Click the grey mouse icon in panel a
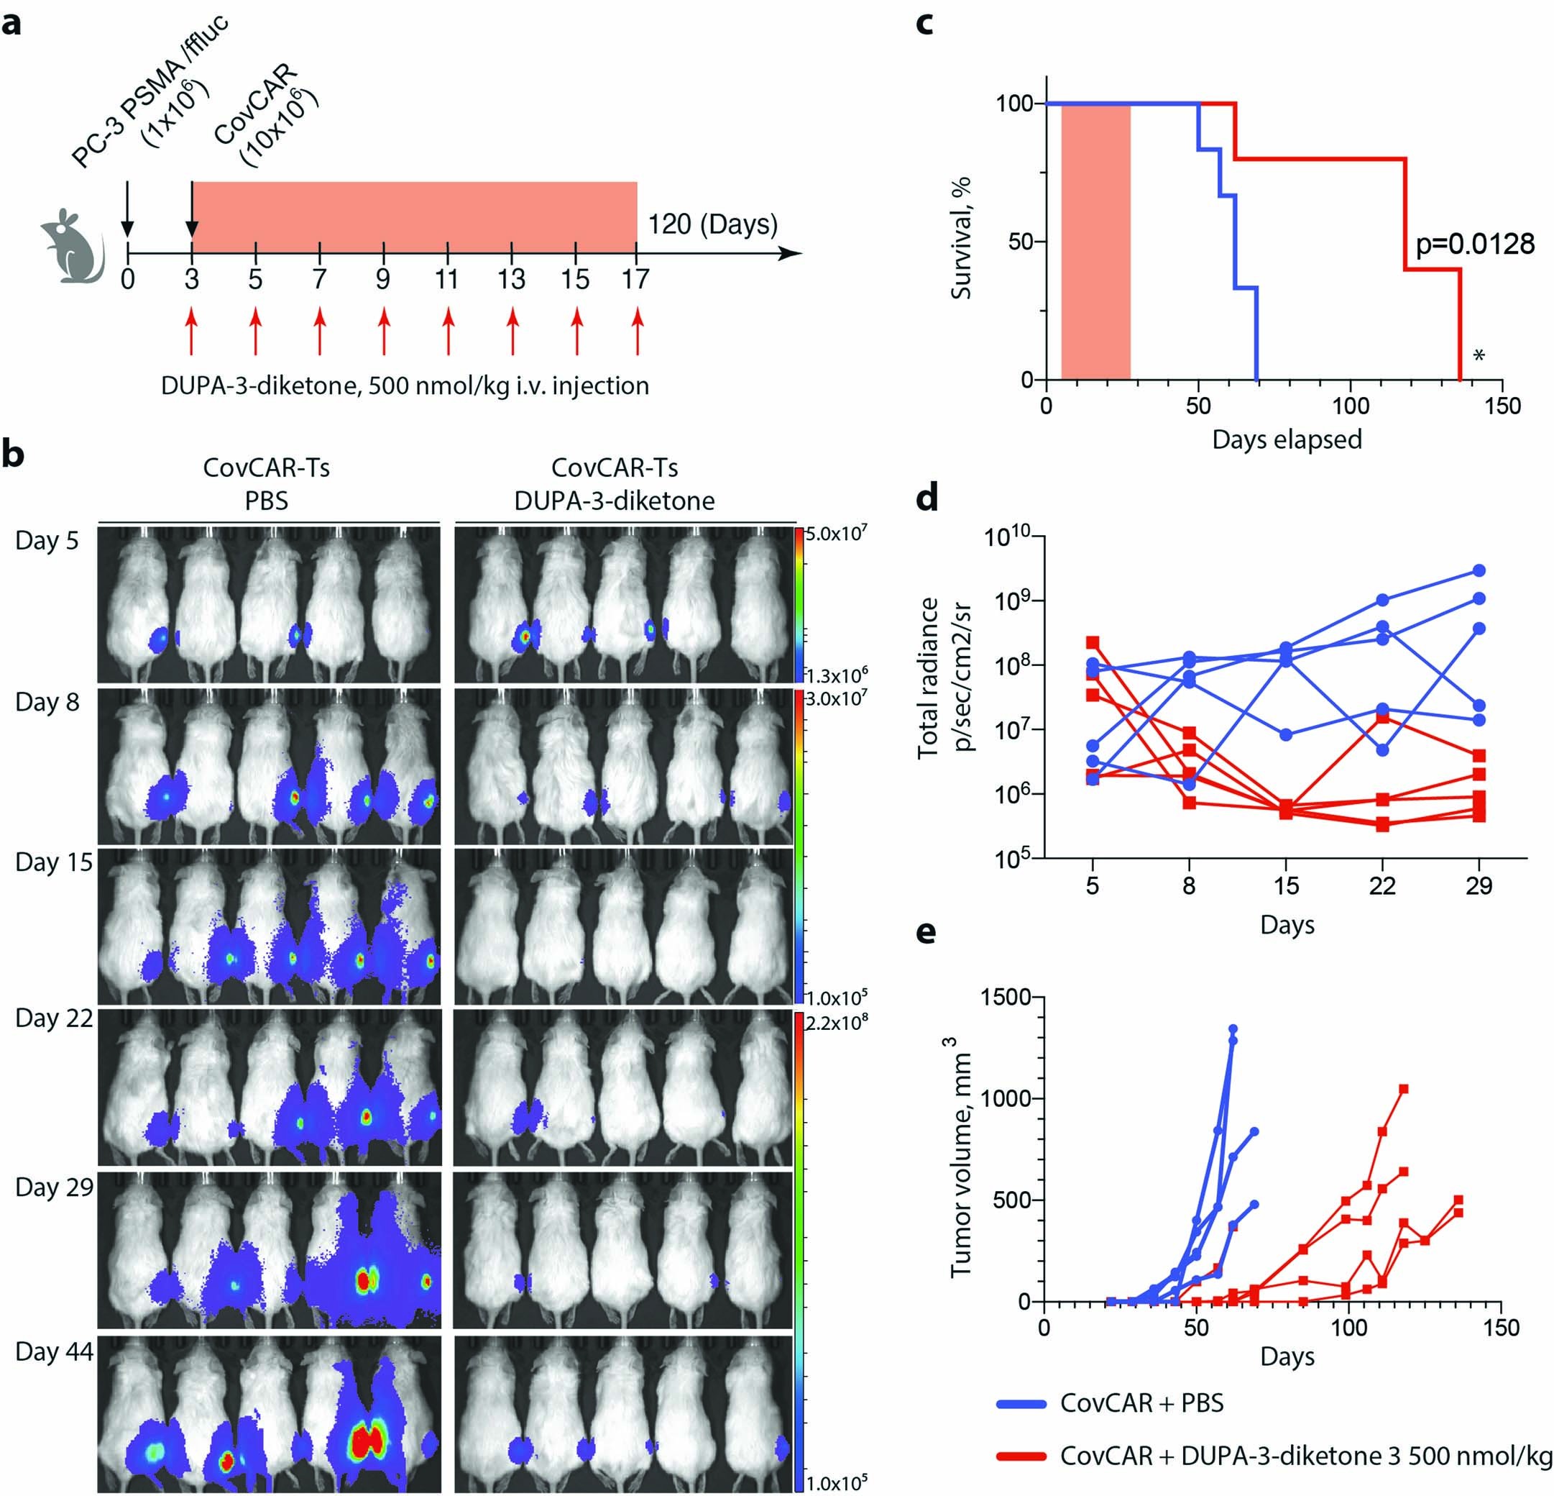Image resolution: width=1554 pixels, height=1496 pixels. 72,247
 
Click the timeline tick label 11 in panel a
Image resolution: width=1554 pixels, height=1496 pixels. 447,279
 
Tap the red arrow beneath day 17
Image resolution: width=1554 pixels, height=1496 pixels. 638,332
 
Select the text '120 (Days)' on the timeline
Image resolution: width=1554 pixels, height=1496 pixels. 712,224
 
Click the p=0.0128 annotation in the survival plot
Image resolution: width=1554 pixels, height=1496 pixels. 1475,244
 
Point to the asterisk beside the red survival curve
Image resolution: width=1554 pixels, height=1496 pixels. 1479,356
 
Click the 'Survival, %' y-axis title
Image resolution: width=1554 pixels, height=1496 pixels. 962,238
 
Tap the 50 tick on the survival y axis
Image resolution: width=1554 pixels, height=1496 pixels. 1021,242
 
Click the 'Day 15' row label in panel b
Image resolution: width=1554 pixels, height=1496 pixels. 54,862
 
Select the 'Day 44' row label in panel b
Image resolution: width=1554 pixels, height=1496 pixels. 54,1351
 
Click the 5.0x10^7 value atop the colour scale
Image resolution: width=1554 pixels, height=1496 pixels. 836,534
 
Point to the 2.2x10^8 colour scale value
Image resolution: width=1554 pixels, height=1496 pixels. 836,1023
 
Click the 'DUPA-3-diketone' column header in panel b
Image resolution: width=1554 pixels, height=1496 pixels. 615,501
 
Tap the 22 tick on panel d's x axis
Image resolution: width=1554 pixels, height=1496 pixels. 1382,886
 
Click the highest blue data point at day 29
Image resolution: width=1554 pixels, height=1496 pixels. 1479,570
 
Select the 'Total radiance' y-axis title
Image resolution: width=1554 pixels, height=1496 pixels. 929,678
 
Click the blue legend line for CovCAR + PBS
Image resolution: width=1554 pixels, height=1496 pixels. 1021,1404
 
